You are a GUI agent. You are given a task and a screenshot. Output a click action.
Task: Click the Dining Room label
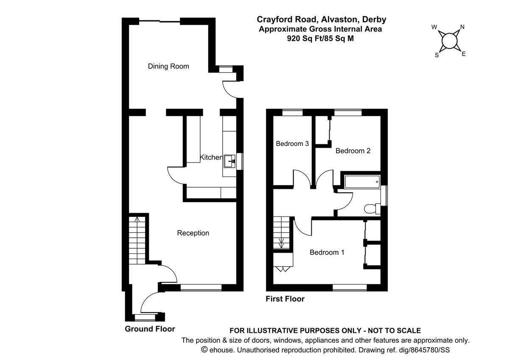point(168,67)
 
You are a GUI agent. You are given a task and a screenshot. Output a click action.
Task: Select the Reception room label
point(193,233)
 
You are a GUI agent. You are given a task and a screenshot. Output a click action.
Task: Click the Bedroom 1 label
point(327,253)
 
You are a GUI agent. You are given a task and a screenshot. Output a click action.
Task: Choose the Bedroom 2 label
point(353,151)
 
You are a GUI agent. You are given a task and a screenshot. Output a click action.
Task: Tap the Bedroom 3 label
point(292,144)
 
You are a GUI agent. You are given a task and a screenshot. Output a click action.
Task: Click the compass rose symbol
point(449,41)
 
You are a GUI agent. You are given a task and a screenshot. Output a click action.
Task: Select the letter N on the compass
point(462,27)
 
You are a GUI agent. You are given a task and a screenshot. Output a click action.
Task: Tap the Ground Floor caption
point(150,329)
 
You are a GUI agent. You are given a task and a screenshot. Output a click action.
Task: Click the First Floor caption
point(285,299)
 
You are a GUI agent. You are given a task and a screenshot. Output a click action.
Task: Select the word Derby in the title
point(373,20)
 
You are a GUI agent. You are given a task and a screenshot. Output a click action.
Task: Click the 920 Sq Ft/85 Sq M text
point(320,38)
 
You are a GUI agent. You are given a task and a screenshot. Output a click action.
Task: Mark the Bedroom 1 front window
point(350,287)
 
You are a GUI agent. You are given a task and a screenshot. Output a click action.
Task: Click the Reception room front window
point(201,287)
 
